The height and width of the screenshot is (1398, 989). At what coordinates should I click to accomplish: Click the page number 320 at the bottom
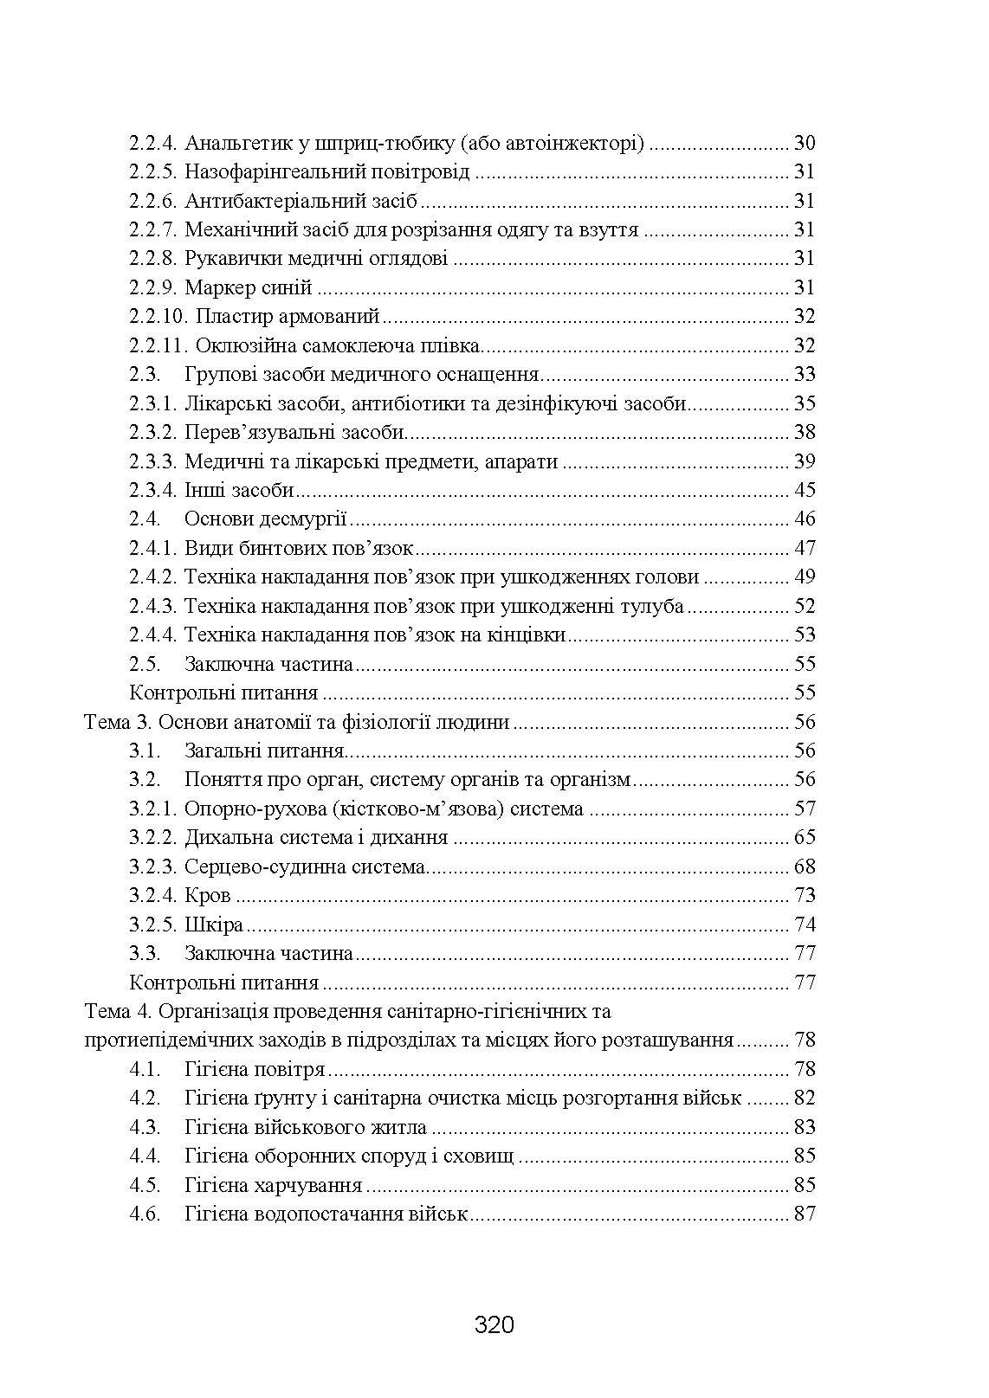[x=494, y=1324]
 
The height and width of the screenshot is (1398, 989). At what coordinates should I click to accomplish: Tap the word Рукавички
[x=228, y=259]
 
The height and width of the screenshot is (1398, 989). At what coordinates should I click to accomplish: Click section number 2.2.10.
[x=158, y=317]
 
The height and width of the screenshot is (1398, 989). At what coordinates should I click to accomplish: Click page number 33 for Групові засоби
[x=805, y=375]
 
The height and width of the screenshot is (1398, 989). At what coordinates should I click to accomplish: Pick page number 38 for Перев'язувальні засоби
[x=805, y=433]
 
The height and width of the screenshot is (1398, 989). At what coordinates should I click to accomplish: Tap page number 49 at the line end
[x=805, y=577]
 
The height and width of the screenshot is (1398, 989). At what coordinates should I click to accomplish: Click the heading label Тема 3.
[x=119, y=722]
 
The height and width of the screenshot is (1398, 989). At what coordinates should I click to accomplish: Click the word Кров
[x=208, y=896]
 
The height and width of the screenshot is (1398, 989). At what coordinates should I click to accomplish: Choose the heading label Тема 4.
[x=119, y=1011]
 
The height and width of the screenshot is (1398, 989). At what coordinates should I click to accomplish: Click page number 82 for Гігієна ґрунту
[x=805, y=1098]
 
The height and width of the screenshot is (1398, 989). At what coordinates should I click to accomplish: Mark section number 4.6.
[x=145, y=1214]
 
